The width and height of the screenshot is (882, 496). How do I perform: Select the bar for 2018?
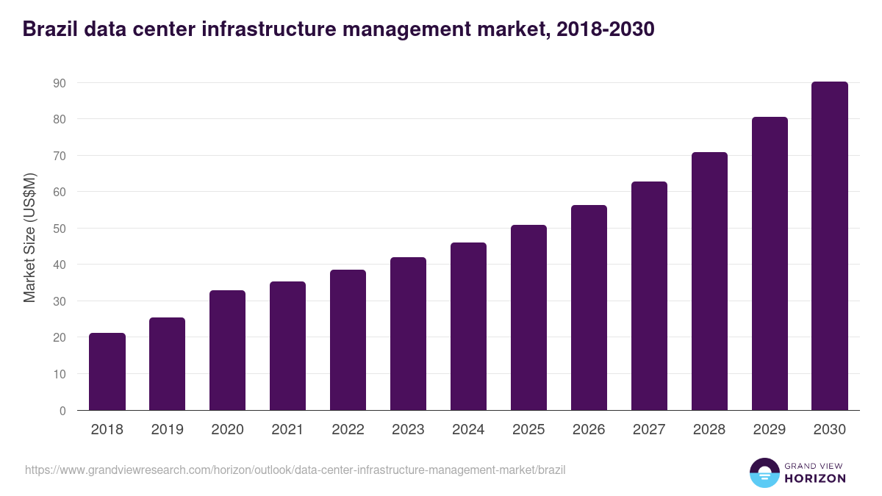[107, 372]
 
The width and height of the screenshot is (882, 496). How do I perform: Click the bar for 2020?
[228, 351]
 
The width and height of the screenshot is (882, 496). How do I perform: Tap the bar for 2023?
[409, 334]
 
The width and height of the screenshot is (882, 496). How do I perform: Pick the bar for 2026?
[589, 308]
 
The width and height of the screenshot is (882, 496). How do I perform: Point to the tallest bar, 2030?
[830, 246]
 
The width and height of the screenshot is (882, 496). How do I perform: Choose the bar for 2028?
[709, 281]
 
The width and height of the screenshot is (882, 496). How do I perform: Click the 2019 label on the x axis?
[168, 430]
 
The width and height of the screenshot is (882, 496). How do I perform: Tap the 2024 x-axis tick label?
[469, 430]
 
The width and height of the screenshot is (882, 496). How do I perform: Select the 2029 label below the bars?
[770, 430]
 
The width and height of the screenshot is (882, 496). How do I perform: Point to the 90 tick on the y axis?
[60, 83]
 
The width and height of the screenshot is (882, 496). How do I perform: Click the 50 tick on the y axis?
[60, 229]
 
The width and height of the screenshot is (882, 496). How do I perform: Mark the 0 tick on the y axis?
[62, 411]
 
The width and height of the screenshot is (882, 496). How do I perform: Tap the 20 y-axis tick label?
[60, 338]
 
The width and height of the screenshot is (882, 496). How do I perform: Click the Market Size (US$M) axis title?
[30, 237]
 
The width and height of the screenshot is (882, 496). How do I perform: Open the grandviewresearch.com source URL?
[295, 470]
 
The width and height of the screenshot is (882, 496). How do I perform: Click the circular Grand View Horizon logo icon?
[764, 472]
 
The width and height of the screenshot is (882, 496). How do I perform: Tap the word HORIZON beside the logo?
[815, 478]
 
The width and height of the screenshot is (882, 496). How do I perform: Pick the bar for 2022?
[348, 340]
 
